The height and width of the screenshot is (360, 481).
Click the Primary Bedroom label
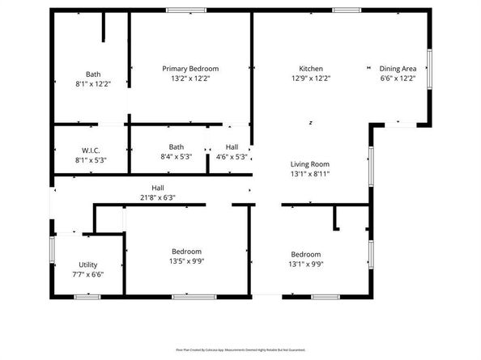(190, 69)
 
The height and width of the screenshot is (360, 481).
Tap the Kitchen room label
(312, 69)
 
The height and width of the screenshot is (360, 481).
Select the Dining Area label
(398, 69)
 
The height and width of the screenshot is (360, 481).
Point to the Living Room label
(310, 163)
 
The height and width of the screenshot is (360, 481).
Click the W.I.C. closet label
(90, 150)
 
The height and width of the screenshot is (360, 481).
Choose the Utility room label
(89, 265)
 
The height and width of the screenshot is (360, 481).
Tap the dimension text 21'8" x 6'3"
(158, 197)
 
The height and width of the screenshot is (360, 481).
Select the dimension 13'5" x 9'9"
(186, 262)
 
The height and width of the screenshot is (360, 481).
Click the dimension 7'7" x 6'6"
(89, 274)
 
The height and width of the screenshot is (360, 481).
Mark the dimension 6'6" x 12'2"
(398, 78)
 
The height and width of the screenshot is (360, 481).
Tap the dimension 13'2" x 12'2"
(190, 78)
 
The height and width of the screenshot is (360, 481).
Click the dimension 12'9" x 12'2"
(312, 78)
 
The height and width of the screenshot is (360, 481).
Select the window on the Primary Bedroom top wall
(185, 10)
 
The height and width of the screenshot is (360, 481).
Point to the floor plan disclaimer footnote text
(240, 349)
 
